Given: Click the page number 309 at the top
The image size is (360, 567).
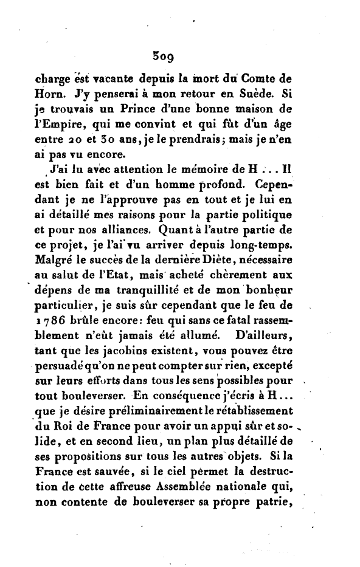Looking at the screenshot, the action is tap(164, 58).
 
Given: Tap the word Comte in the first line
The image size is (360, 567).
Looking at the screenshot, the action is tap(297, 78).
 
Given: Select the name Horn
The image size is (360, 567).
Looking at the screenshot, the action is tap(43, 94).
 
